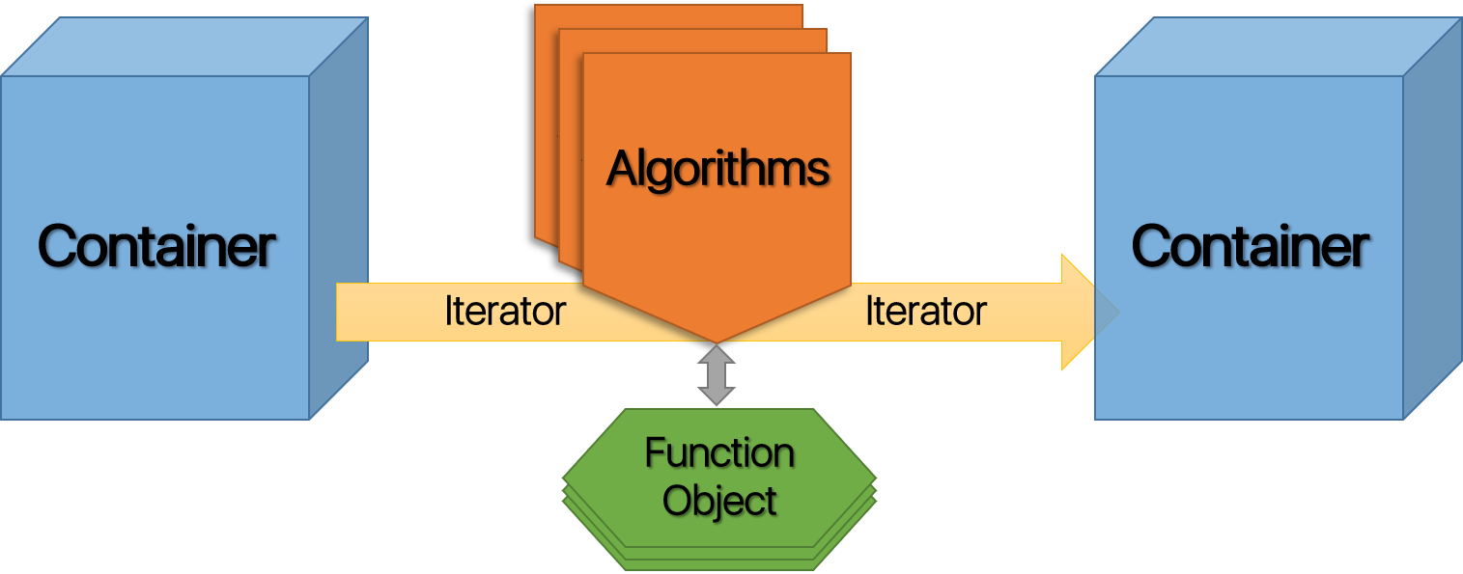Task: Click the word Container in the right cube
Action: (1250, 246)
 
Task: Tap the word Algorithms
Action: (717, 169)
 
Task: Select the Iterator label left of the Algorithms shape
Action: (504, 311)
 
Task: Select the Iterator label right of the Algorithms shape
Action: (925, 311)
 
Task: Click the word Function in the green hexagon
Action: (719, 452)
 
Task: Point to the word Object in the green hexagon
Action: (719, 501)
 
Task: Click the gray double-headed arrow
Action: (717, 375)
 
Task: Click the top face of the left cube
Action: (183, 45)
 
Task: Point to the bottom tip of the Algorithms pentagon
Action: (717, 340)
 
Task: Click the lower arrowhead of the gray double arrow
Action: (717, 396)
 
